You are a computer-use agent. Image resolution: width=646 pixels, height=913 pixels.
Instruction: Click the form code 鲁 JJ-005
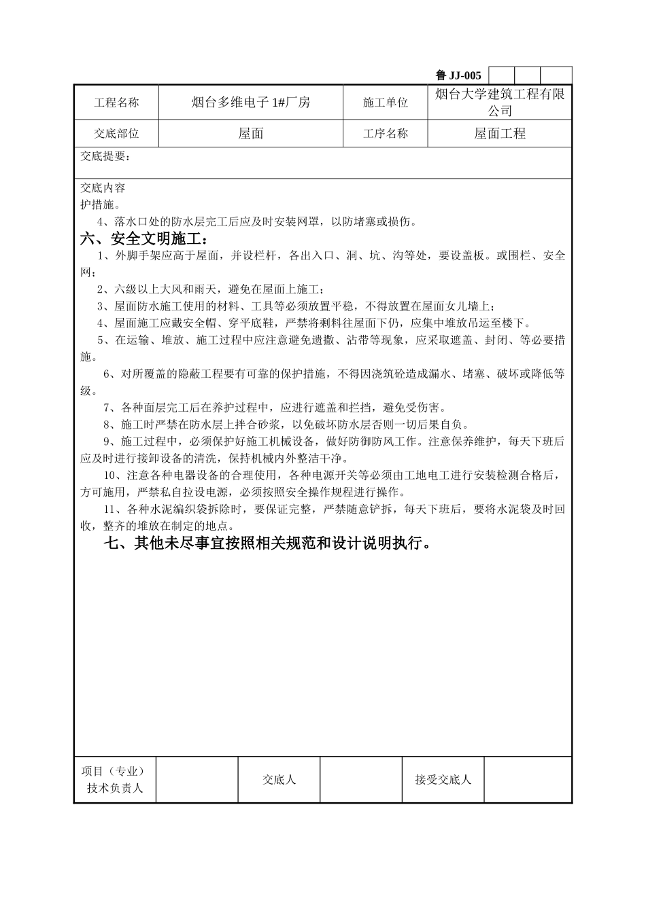click(458, 75)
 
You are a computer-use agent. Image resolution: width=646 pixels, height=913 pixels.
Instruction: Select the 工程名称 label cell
click(116, 103)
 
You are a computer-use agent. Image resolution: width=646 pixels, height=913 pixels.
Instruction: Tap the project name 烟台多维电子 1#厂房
click(251, 103)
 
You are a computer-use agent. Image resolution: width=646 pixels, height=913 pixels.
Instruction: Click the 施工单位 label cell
click(386, 103)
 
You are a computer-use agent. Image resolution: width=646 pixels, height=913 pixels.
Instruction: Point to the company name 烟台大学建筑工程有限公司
click(500, 103)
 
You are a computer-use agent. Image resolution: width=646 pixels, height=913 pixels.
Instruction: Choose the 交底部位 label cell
click(116, 134)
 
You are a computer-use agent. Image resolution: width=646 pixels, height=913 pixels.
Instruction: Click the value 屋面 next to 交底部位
click(251, 134)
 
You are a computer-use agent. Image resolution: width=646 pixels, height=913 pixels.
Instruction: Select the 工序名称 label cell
click(386, 134)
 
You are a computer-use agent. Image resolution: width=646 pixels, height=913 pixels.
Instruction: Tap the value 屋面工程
click(500, 134)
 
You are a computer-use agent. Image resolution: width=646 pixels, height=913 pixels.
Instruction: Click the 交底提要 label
click(105, 156)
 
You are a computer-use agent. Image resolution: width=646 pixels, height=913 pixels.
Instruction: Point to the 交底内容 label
click(103, 187)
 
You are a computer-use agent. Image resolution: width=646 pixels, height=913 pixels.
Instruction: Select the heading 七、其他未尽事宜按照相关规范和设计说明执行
click(267, 543)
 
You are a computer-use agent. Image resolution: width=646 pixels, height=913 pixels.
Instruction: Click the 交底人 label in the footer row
click(279, 780)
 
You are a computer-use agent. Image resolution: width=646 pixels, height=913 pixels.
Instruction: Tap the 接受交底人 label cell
click(443, 780)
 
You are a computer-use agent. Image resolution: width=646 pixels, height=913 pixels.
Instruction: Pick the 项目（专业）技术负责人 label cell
click(115, 780)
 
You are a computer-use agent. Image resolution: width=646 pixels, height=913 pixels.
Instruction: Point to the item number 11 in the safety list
click(109, 509)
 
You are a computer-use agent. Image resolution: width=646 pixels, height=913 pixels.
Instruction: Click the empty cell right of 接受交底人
click(528, 780)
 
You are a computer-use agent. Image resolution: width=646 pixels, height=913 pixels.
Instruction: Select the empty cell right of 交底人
click(360, 780)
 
